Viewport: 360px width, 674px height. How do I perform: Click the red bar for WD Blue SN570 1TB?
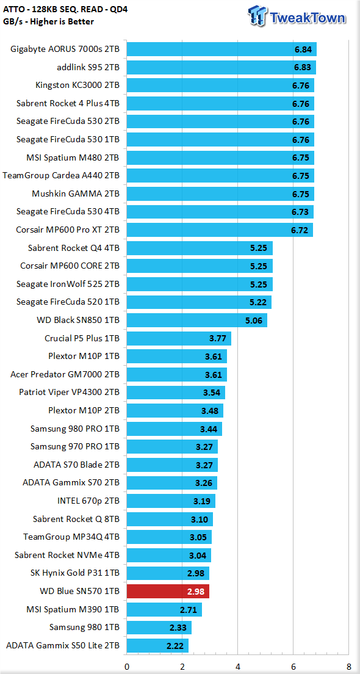point(168,591)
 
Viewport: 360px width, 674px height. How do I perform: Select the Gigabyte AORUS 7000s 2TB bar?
point(221,49)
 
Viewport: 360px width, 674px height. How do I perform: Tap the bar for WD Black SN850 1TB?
point(196,321)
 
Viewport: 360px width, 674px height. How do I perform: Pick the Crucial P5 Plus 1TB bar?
point(179,338)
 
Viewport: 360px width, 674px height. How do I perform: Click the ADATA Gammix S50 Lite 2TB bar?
point(157,645)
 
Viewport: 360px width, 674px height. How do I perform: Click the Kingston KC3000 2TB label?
point(77,85)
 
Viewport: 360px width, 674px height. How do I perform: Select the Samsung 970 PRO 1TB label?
point(75,447)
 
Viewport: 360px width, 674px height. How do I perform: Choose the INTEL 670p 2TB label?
point(88,501)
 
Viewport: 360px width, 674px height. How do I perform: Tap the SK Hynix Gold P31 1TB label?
point(75,573)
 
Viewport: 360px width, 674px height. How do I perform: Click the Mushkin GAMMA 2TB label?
point(76,194)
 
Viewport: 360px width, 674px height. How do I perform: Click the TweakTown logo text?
point(307,18)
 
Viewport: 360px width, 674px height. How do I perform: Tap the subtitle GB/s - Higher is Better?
point(48,21)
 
